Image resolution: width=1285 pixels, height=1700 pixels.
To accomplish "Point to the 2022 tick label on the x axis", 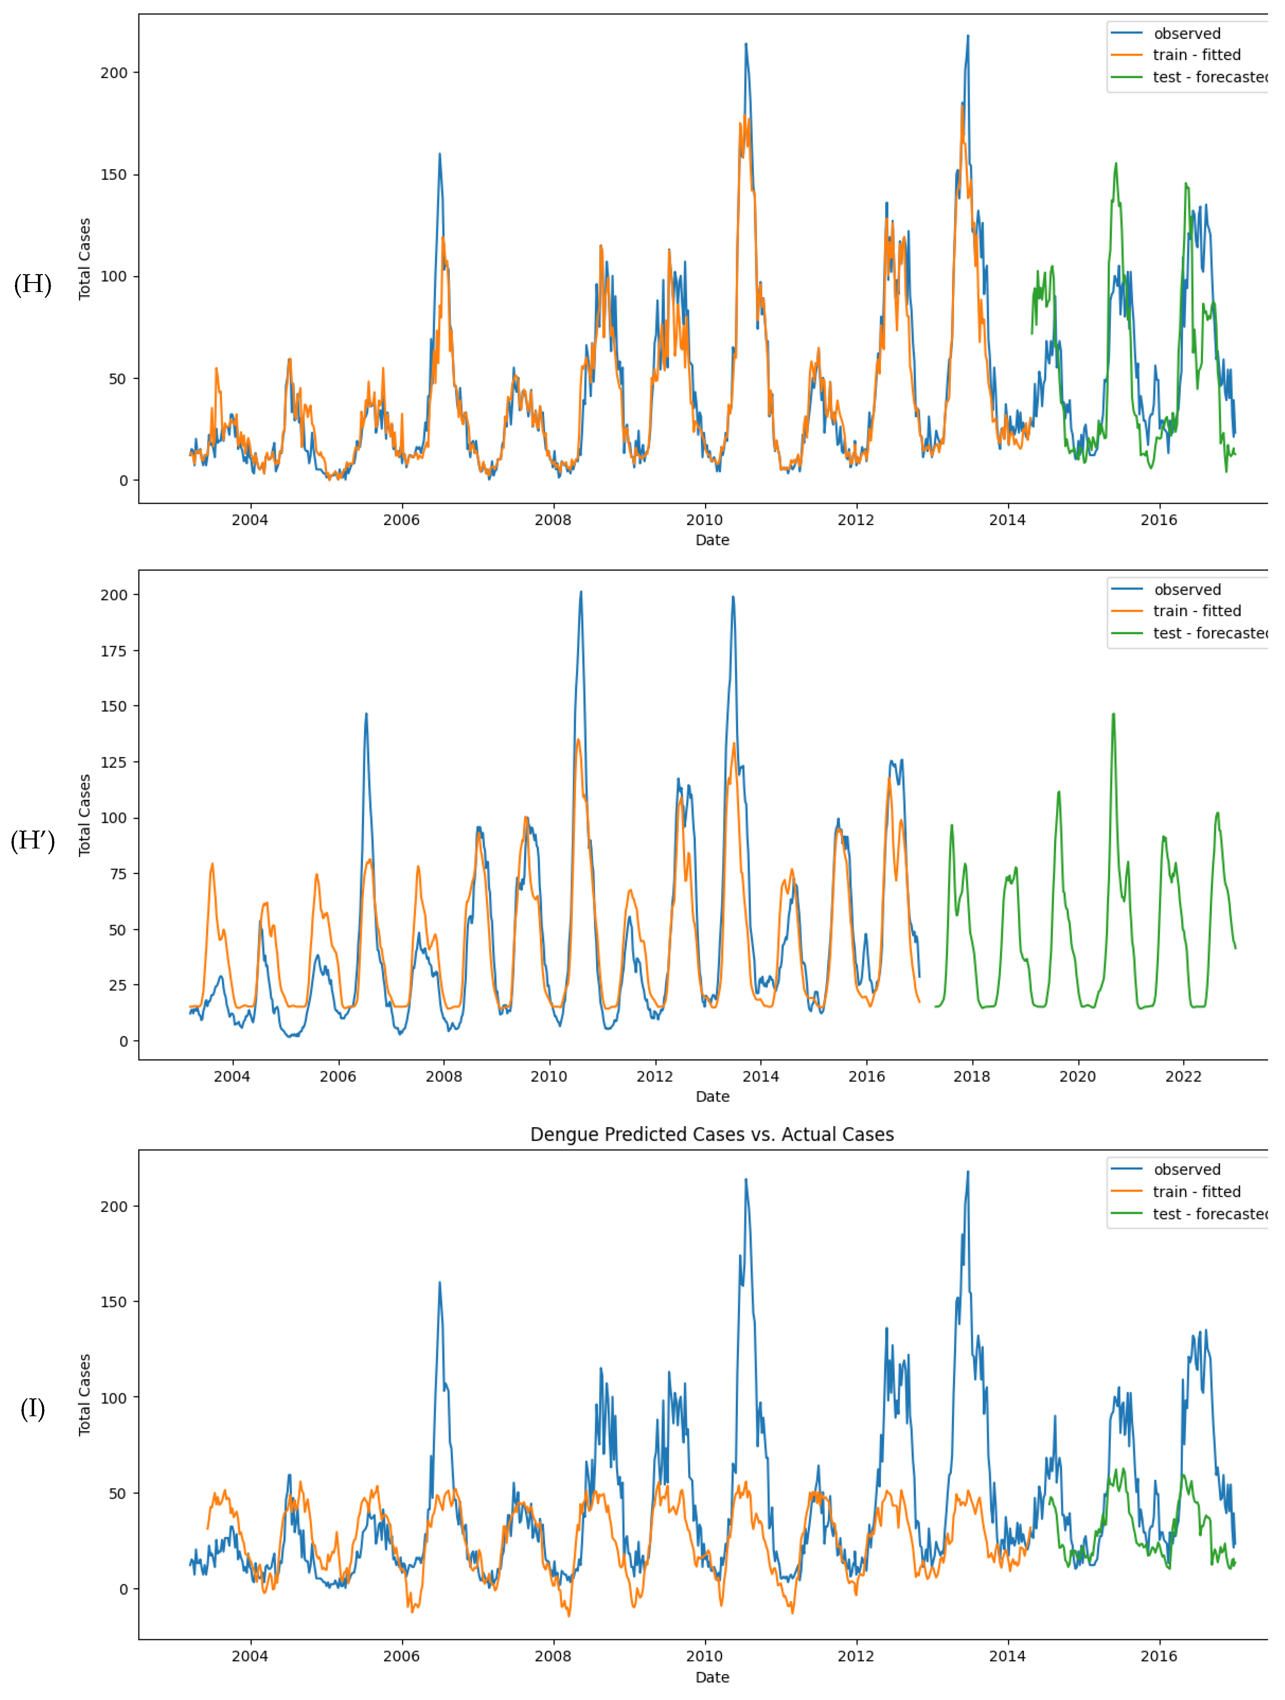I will point(1183,1077).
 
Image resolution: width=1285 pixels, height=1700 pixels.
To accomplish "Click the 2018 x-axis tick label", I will point(972,1077).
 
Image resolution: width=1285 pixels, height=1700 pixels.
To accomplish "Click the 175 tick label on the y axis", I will point(114,651).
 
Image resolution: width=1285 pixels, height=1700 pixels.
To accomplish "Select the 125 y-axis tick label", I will point(114,762).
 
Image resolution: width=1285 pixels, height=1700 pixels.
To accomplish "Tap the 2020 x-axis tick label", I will point(1077,1077).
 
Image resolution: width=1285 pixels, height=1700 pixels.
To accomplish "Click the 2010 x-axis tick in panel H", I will point(704,520).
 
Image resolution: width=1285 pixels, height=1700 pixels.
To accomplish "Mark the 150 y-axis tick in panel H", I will point(114,175).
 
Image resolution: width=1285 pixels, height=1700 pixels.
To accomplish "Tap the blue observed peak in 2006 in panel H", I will point(440,154).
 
